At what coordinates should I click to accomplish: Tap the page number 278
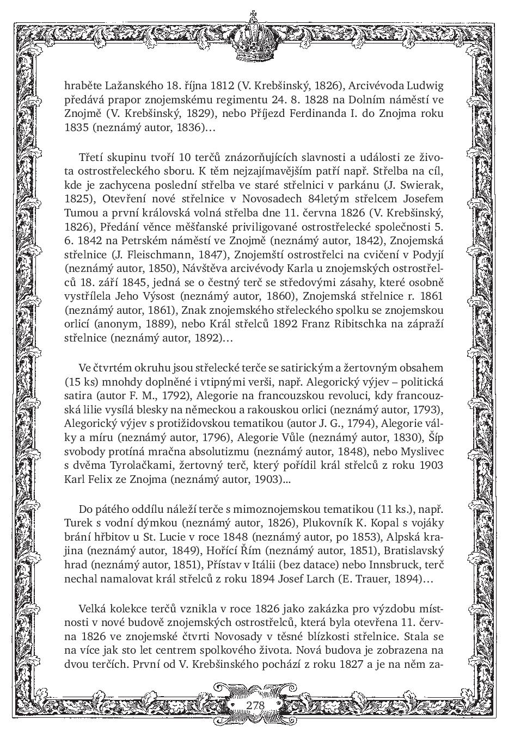pyautogui.click(x=254, y=705)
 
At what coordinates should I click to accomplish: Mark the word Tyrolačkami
pyautogui.click(x=128, y=466)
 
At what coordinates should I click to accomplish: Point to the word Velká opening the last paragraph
pyautogui.click(x=94, y=607)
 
